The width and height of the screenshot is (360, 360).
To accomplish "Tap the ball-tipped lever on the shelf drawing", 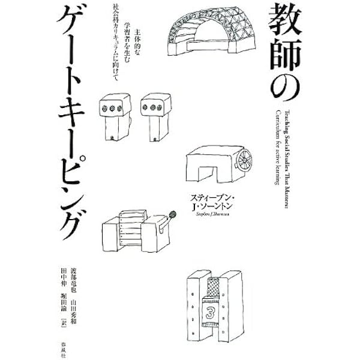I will pos(172,213).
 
